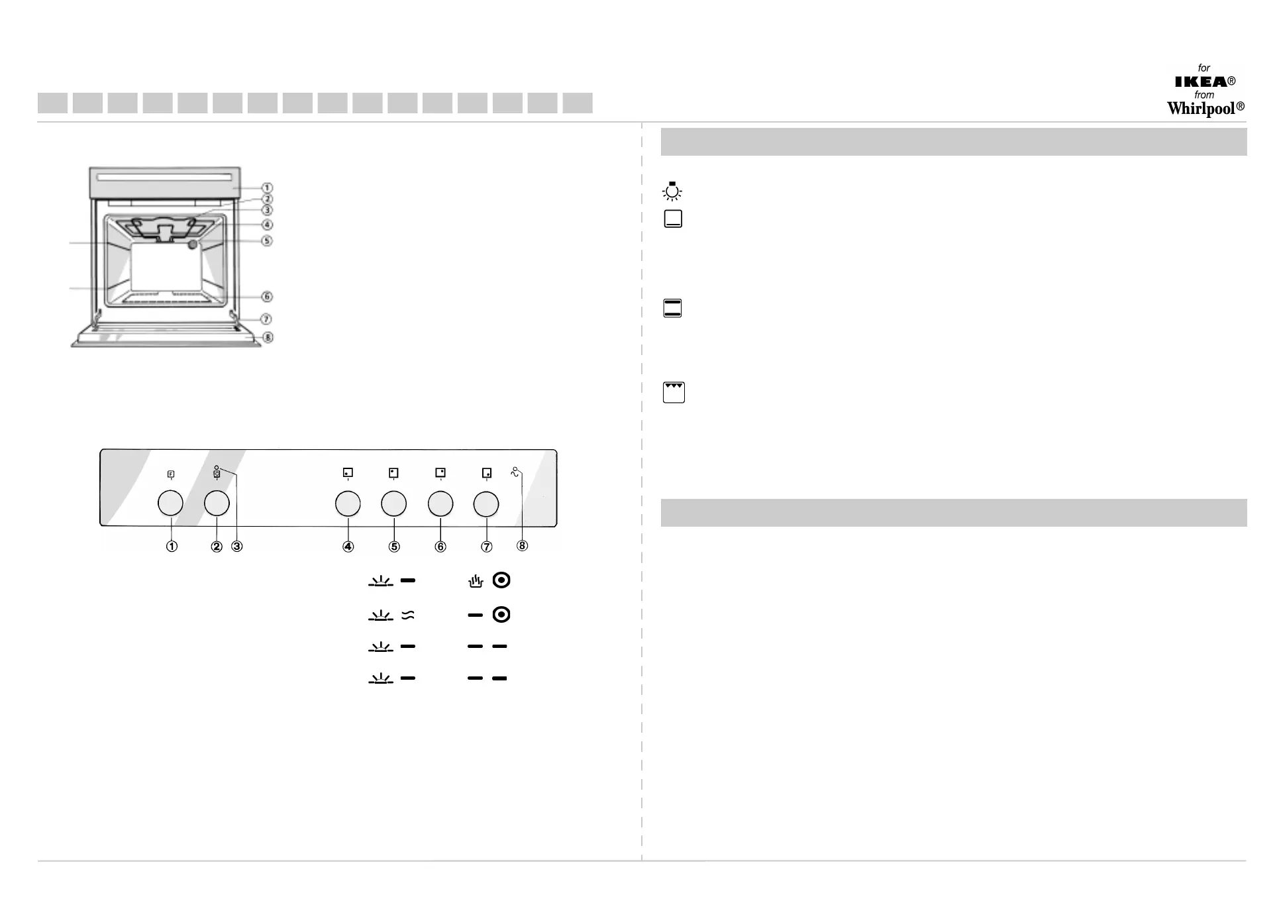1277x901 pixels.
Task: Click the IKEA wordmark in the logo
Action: (x=1201, y=81)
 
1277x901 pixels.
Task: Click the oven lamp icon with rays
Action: (x=672, y=191)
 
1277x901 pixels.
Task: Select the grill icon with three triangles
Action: (x=674, y=392)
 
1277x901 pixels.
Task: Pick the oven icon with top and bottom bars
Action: (x=672, y=308)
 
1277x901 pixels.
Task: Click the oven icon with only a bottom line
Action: (x=673, y=219)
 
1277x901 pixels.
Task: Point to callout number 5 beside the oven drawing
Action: (x=267, y=240)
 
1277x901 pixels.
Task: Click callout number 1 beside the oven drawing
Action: (x=267, y=188)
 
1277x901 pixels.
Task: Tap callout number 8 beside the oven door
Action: (x=267, y=337)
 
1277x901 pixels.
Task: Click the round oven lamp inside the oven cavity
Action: (x=193, y=244)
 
